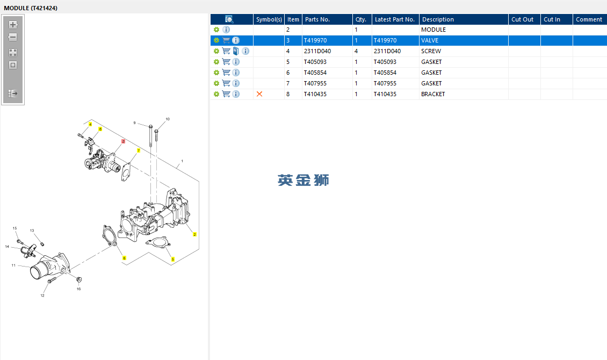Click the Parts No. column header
pyautogui.click(x=317, y=19)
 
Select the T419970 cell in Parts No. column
pyautogui.click(x=315, y=40)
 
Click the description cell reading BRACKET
pyautogui.click(x=433, y=94)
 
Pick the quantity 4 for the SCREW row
pyautogui.click(x=356, y=51)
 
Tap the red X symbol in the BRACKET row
pyautogui.click(x=259, y=94)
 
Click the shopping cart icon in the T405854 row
pyautogui.click(x=226, y=73)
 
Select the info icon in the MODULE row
pyautogui.click(x=226, y=30)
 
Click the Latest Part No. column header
pyautogui.click(x=395, y=19)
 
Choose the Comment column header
pyautogui.click(x=589, y=19)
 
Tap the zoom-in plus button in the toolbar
pyautogui.click(x=13, y=25)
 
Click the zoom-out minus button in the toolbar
pyautogui.click(x=13, y=38)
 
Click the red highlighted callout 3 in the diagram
pyautogui.click(x=123, y=141)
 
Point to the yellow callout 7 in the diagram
pyautogui.click(x=139, y=150)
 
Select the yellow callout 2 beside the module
pyautogui.click(x=194, y=234)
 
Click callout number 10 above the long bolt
pyautogui.click(x=168, y=119)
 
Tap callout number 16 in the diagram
pyautogui.click(x=78, y=289)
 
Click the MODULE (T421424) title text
pyautogui.click(x=31, y=8)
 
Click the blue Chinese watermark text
pyautogui.click(x=303, y=181)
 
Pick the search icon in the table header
pyautogui.click(x=229, y=19)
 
